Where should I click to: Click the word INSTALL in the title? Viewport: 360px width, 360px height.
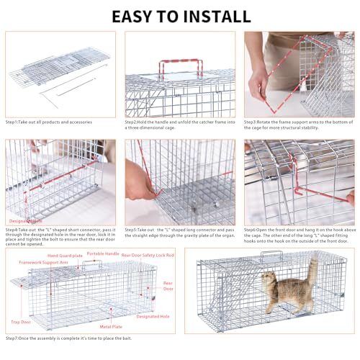tap(220, 16)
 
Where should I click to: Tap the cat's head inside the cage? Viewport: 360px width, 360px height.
tap(268, 279)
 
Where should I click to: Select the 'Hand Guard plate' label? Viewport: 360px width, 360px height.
tap(64, 256)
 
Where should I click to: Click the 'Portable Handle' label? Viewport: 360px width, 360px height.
tap(103, 253)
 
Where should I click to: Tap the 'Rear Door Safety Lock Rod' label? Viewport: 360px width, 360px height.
tap(148, 254)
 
